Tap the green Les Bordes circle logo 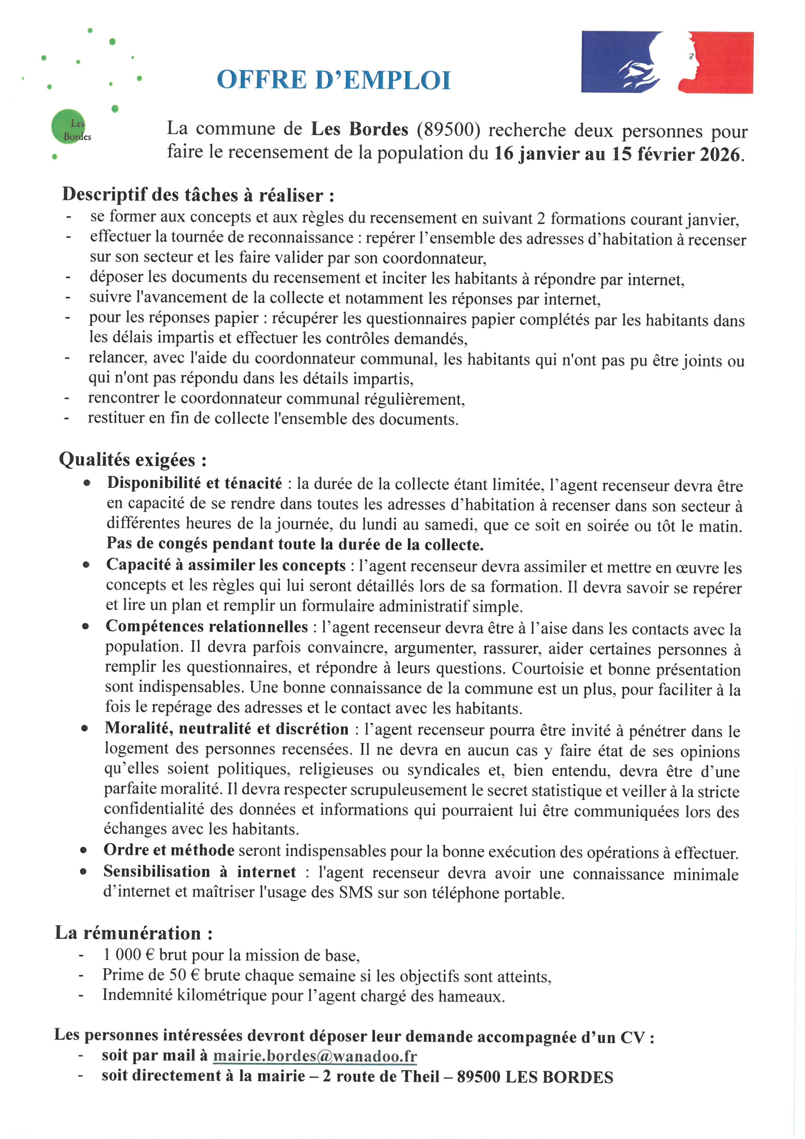coord(68,126)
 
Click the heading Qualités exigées coord(132,460)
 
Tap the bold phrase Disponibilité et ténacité coord(194,483)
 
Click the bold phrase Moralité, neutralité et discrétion coord(226,728)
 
